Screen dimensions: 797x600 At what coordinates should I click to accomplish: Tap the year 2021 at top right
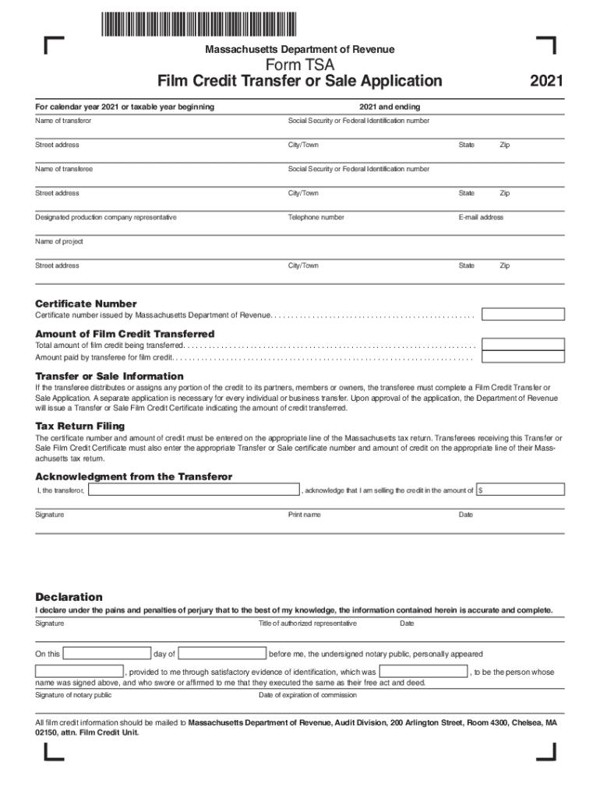546,81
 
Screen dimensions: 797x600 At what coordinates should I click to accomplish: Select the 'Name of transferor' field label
63,121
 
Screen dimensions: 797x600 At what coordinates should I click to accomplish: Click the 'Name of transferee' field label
64,169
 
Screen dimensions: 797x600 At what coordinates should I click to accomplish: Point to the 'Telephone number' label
316,217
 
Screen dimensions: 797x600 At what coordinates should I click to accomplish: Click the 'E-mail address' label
481,217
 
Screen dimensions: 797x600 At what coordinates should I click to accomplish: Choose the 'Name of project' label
59,241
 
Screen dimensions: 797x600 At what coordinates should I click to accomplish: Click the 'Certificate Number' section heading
86,304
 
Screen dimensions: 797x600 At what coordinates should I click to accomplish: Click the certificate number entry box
523,314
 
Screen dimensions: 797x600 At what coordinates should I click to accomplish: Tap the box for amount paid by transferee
523,357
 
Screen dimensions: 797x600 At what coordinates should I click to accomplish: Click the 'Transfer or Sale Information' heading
110,376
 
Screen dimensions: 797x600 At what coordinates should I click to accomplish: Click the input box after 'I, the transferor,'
194,490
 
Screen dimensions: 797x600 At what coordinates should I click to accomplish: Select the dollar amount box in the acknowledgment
521,490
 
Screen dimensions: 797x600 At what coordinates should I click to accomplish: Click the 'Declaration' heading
69,597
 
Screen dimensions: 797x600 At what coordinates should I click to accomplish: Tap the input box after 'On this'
108,653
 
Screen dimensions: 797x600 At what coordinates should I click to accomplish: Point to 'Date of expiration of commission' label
307,695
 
